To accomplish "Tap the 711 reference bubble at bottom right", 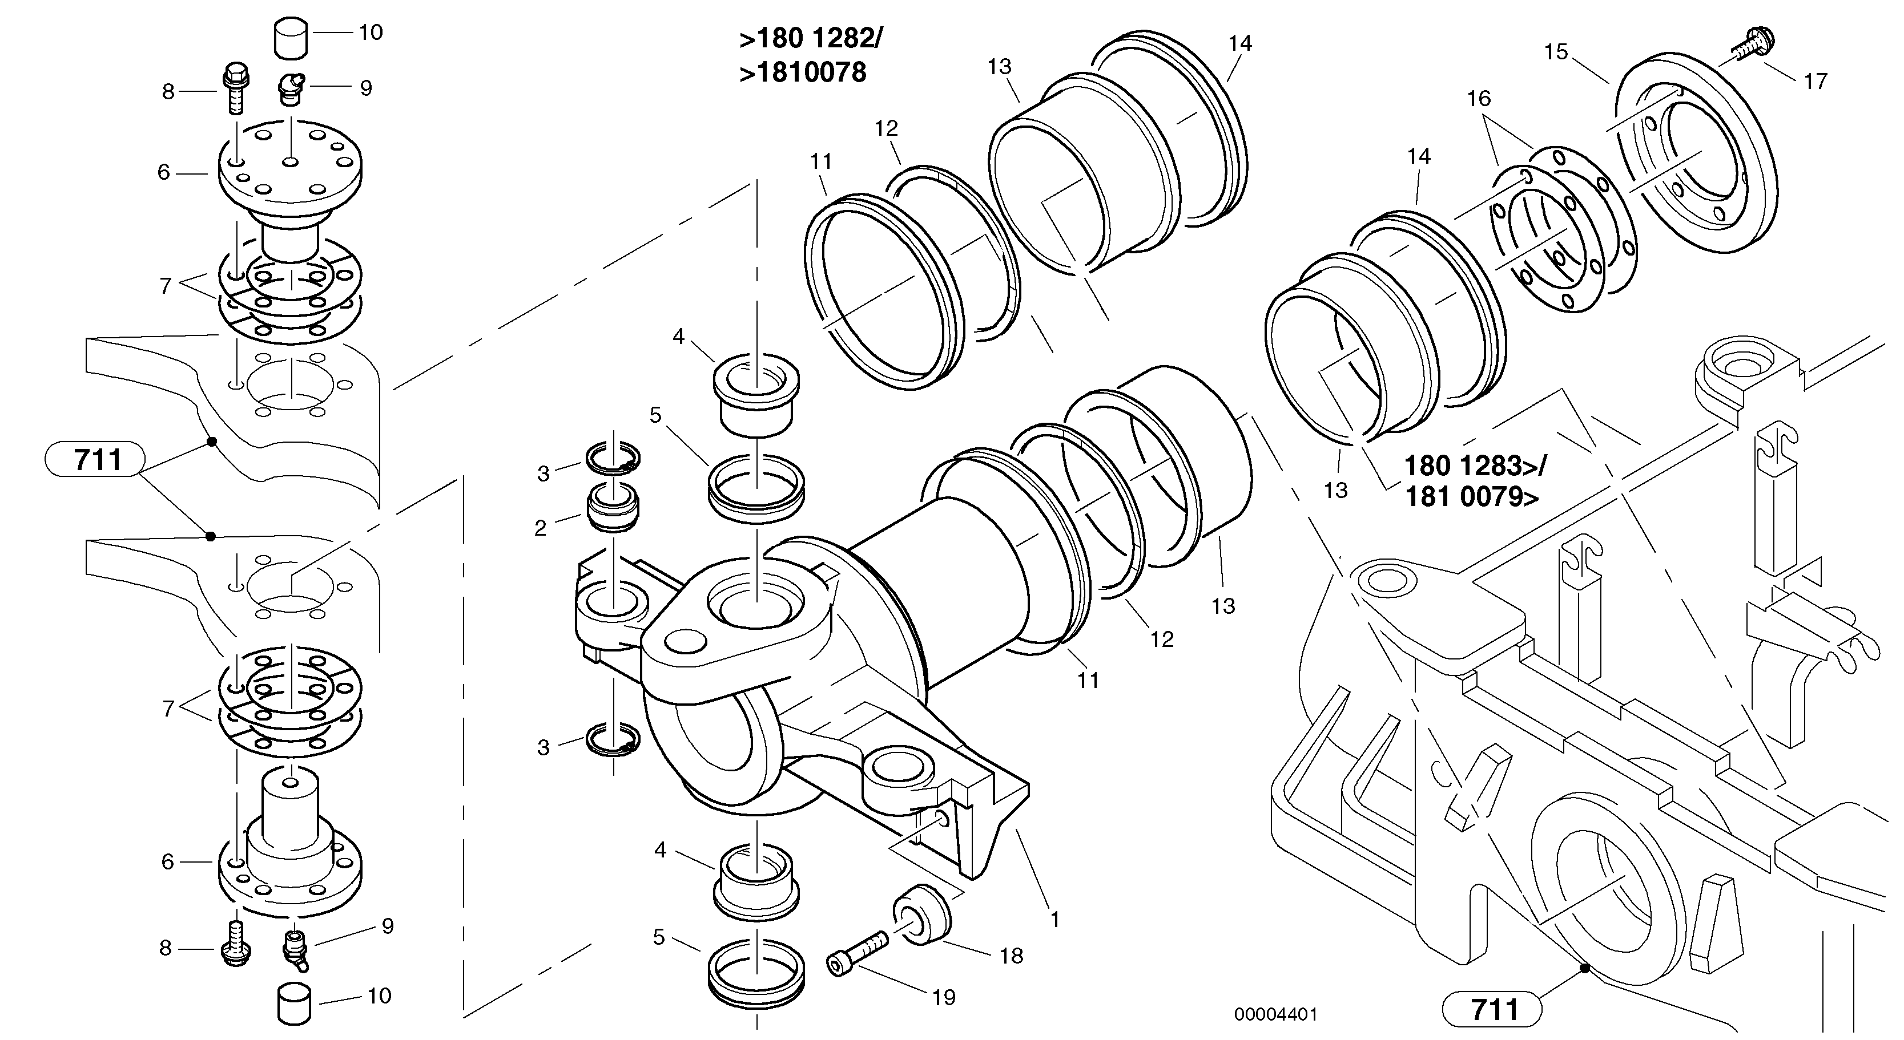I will [x=1492, y=1009].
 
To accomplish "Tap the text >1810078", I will [x=803, y=72].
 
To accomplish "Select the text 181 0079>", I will [x=1471, y=497].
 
